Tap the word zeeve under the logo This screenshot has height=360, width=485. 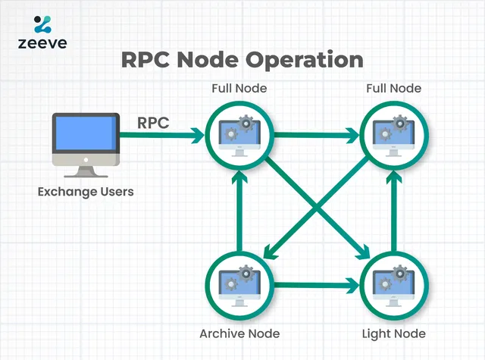(x=43, y=43)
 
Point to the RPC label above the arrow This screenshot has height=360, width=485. (x=154, y=121)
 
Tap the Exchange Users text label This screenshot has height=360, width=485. (x=86, y=192)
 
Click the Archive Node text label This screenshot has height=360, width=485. (x=239, y=333)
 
